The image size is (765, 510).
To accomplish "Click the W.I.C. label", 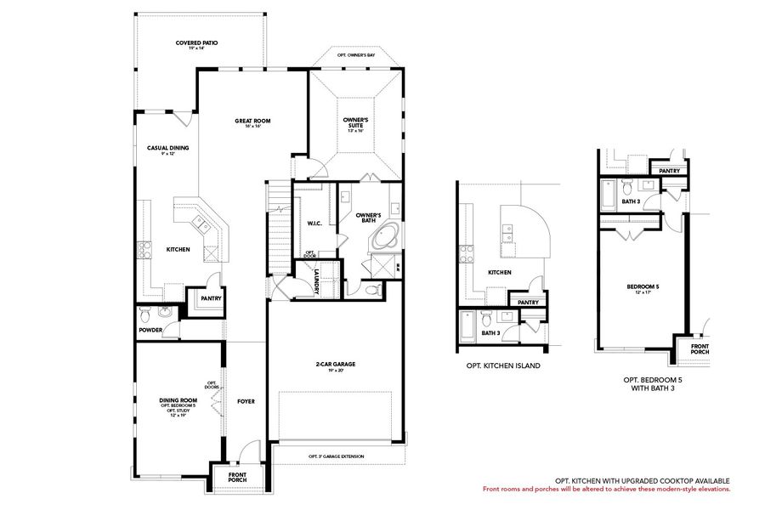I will (x=313, y=224).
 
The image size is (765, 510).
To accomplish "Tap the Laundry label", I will (x=316, y=281).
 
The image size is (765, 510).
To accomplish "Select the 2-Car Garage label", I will (x=335, y=365).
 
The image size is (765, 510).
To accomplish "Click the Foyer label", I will (x=246, y=401).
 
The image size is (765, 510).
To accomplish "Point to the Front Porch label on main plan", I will (x=238, y=478).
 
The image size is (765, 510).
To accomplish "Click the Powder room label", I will (x=150, y=330).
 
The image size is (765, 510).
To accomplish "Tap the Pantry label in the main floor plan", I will (x=210, y=298).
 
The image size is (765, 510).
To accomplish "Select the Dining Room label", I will (x=178, y=399).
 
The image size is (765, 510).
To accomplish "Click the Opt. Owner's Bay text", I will (x=355, y=54).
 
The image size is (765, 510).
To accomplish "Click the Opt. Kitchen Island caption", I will (x=503, y=365).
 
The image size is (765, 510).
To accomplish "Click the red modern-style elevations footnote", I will (x=605, y=489).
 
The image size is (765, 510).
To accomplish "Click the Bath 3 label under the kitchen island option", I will (x=490, y=333).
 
